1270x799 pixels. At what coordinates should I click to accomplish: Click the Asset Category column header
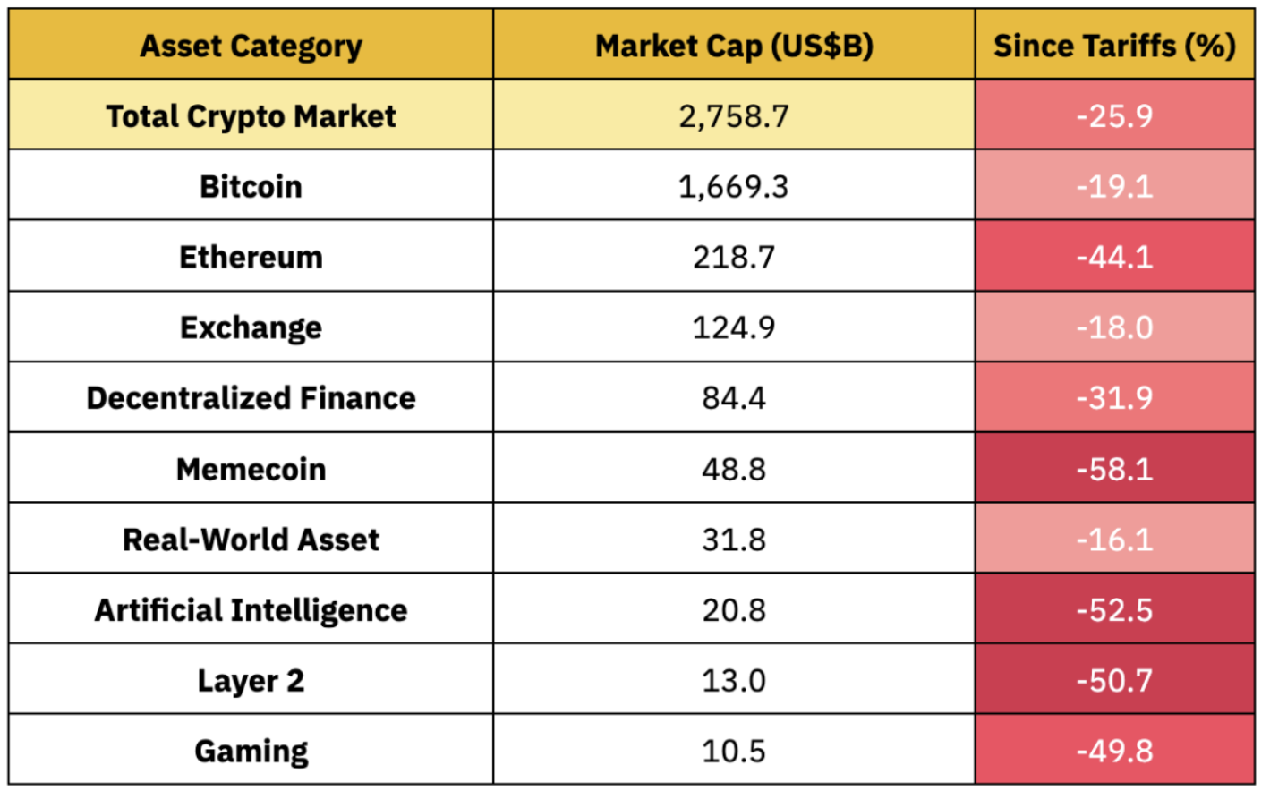[x=251, y=46]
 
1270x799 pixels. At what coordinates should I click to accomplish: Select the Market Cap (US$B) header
[x=734, y=46]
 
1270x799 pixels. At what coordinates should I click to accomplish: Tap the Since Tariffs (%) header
[x=1114, y=46]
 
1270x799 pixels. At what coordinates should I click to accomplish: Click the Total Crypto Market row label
[x=251, y=116]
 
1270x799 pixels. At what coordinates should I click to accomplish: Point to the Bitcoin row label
[x=251, y=187]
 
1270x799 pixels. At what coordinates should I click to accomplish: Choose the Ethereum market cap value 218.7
[x=734, y=258]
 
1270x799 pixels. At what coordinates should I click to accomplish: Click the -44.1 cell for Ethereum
[x=1114, y=258]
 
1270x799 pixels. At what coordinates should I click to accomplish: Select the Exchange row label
[x=251, y=327]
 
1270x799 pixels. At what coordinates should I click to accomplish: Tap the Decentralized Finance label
[x=251, y=398]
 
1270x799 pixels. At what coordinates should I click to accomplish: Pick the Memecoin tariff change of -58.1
[x=1114, y=469]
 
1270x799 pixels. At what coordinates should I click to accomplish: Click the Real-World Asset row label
[x=251, y=540]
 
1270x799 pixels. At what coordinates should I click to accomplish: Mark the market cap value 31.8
[x=734, y=540]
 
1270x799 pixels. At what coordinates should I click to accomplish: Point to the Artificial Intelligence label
[x=251, y=610]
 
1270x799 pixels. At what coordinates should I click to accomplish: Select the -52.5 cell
[x=1114, y=610]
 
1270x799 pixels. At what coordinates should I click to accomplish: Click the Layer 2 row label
[x=251, y=681]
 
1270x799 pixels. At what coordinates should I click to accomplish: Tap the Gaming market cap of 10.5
[x=734, y=751]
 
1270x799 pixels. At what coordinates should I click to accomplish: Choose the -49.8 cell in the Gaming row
[x=1114, y=751]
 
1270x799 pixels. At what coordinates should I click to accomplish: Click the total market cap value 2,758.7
[x=734, y=116]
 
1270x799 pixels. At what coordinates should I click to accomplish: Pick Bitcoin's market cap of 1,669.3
[x=734, y=187]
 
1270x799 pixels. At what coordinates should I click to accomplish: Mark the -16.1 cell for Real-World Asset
[x=1114, y=540]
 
